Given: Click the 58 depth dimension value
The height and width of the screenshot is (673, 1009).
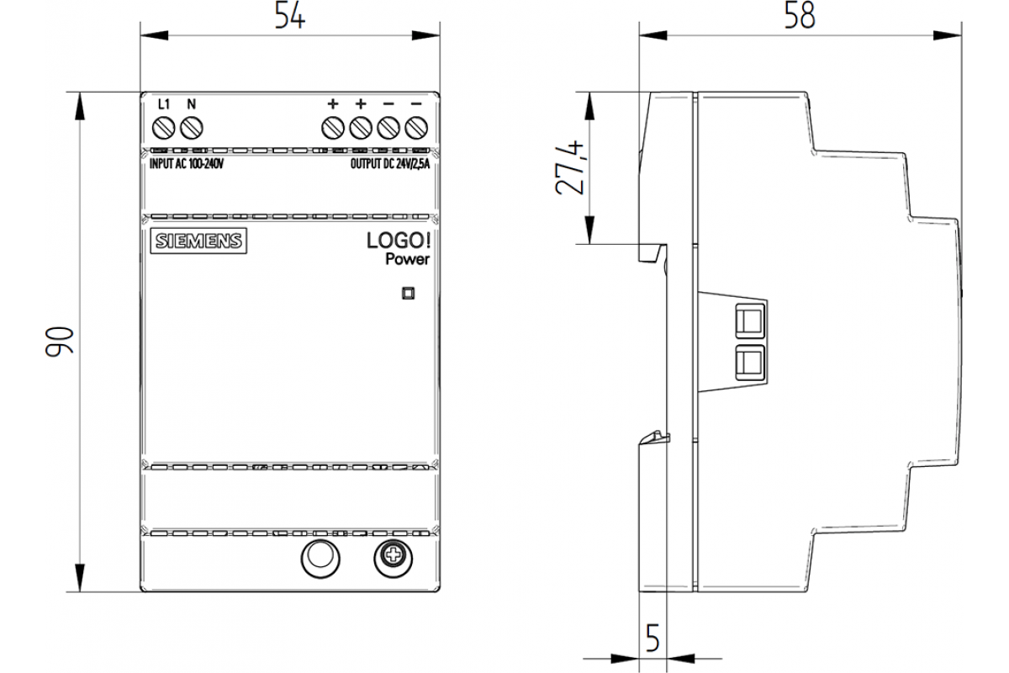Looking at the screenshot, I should pos(800,17).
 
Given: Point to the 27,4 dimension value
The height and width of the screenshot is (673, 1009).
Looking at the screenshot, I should pos(570,167).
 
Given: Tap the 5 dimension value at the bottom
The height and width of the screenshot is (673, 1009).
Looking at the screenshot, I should pos(651,639).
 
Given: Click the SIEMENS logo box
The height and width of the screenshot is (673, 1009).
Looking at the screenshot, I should pos(198,241).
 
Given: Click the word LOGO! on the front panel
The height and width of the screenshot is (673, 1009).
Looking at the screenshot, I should pos(398,241).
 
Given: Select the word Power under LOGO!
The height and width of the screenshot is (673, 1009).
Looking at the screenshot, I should pos(407,260).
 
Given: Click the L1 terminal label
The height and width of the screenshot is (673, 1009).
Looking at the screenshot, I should pos(165,104).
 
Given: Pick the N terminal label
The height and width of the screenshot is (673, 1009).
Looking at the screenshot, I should pos(191,104).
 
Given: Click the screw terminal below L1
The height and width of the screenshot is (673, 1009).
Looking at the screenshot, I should pos(165,129).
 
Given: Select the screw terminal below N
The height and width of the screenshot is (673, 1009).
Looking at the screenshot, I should pos(193,129).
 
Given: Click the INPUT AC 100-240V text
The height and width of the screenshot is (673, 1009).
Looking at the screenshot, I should pos(185,165).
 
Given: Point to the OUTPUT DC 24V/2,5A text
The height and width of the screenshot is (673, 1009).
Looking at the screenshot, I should pos(389,165).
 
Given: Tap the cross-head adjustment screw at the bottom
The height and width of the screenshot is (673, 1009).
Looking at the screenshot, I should pos(392,557).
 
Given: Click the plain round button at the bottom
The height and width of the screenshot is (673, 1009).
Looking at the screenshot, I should pos(320,557).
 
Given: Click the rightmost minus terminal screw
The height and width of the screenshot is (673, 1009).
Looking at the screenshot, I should pos(416,129).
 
